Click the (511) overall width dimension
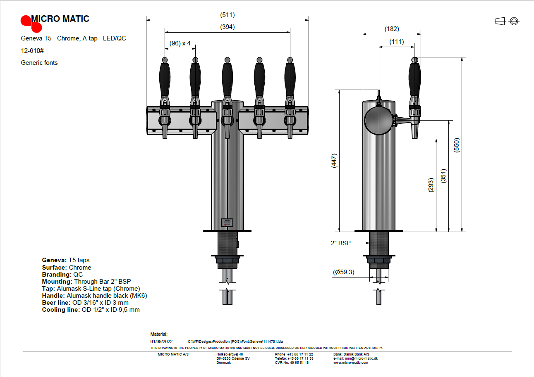[227, 15]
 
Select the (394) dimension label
[227, 27]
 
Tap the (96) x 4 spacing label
[180, 43]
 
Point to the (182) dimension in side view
[392, 29]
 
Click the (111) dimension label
[396, 42]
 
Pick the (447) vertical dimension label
[334, 161]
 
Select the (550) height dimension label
[457, 145]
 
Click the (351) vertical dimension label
[443, 176]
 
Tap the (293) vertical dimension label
[431, 185]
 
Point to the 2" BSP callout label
[341, 243]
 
